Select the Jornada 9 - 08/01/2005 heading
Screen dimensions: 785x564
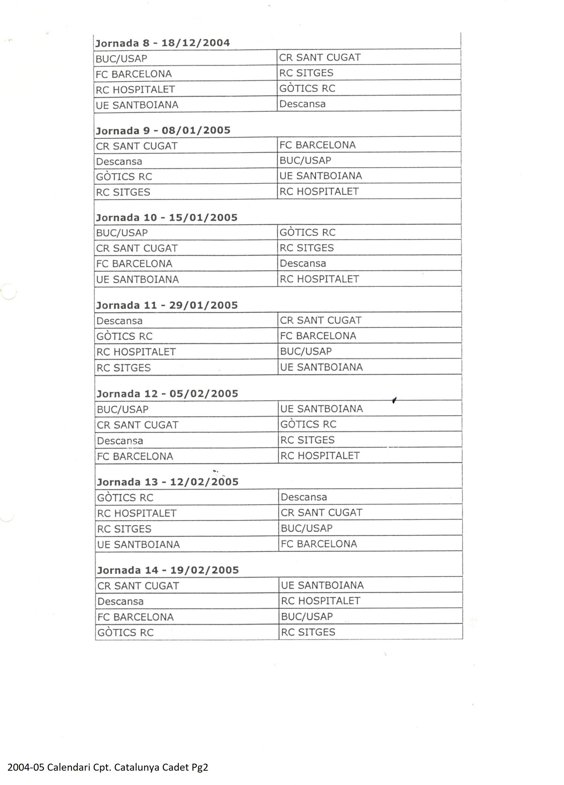click(163, 131)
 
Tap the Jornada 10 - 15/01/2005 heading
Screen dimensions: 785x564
click(167, 218)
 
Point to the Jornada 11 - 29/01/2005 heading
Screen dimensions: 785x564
click(167, 305)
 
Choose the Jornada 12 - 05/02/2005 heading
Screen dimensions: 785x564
click(167, 393)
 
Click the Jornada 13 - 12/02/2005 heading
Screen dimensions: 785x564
click(168, 482)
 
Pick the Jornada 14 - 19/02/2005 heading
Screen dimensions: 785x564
click(168, 570)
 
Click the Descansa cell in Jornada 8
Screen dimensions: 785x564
click(303, 104)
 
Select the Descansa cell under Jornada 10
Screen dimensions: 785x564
click(303, 263)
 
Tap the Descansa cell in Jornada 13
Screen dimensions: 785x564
click(304, 497)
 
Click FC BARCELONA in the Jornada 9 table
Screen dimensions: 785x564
click(318, 145)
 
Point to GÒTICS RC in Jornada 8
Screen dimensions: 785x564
click(307, 88)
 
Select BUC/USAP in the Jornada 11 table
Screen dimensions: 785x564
click(306, 351)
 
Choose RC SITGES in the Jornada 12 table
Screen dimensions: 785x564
click(307, 440)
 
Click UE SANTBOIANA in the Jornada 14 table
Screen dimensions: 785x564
click(322, 585)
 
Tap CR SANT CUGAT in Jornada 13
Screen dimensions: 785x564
click(322, 513)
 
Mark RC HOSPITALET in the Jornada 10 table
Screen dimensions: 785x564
click(319, 279)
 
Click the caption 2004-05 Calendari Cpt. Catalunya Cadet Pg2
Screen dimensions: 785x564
click(108, 767)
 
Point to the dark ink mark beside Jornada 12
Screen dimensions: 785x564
click(394, 400)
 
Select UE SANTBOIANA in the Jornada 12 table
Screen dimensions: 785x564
click(322, 409)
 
